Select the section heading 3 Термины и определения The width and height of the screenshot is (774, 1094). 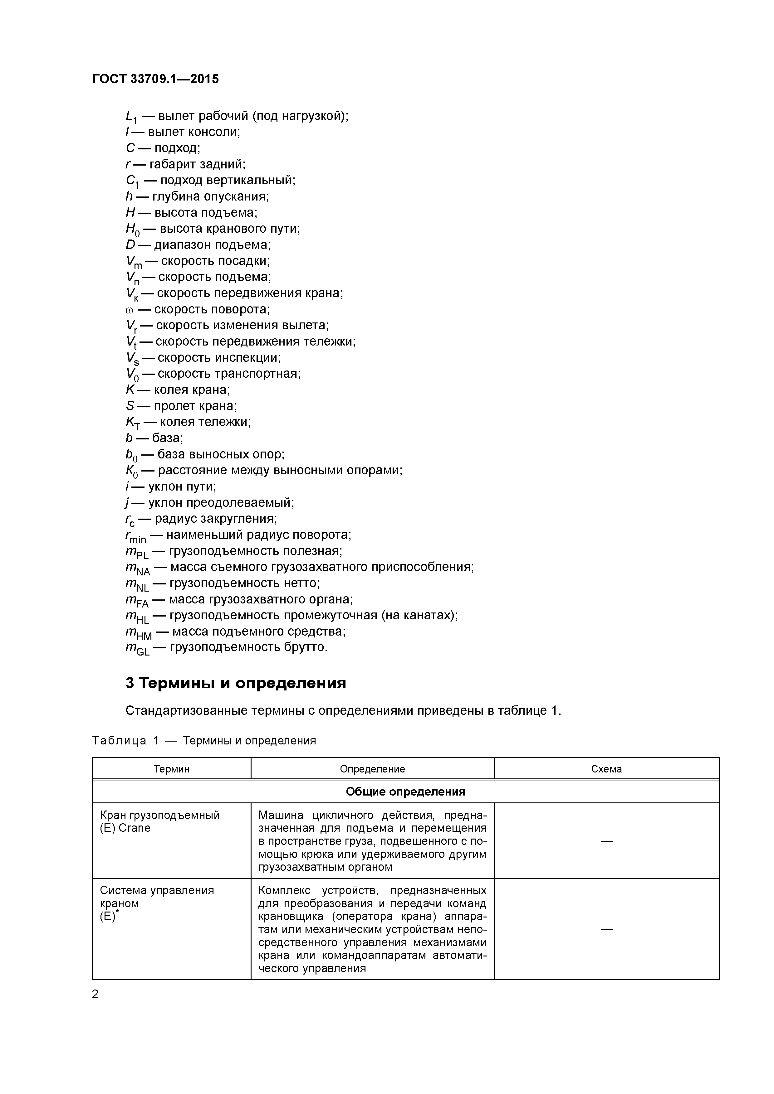tap(236, 683)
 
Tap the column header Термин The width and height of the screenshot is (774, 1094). tap(172, 768)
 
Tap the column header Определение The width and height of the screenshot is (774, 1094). tap(372, 768)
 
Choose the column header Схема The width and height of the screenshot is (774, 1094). tap(606, 768)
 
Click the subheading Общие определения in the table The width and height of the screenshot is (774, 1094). tap(405, 791)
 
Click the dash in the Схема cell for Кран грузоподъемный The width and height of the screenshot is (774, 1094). tap(606, 841)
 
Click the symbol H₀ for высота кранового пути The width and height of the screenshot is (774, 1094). tap(132, 230)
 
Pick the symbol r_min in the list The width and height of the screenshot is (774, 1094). tap(135, 536)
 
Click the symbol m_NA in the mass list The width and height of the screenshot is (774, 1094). tap(137, 568)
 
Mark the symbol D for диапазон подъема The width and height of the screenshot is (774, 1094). tap(130, 245)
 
